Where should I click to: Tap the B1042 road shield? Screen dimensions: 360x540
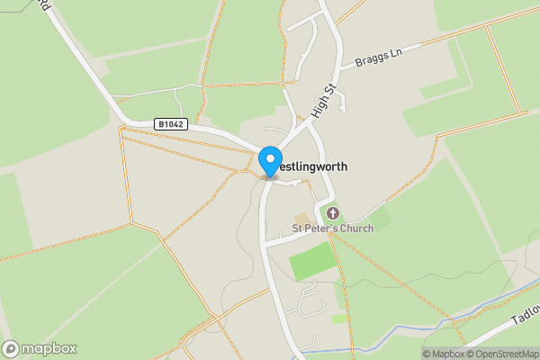170,124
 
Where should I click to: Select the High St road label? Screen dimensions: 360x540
323,100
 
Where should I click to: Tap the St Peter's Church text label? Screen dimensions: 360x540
332,229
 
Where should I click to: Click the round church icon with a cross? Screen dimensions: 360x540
333,213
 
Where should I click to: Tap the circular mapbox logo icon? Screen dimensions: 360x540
12,348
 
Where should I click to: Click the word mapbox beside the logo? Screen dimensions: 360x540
49,348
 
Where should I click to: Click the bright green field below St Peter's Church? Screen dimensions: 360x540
310,260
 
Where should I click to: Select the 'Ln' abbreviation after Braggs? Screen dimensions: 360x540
394,50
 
